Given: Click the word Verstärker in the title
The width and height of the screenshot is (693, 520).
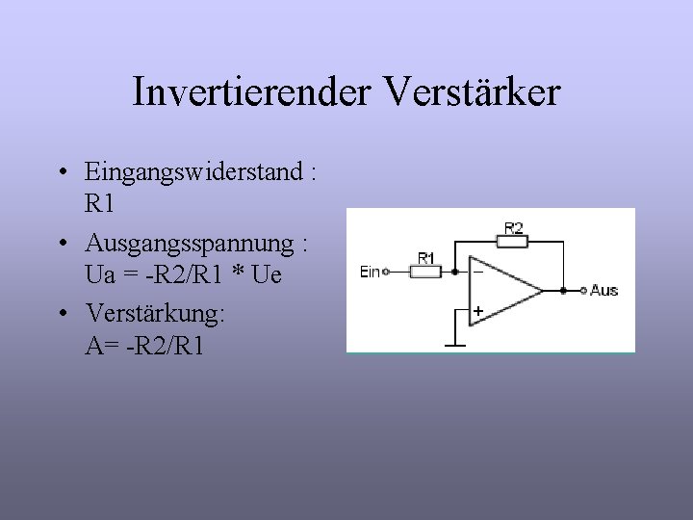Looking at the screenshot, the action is tap(472, 93).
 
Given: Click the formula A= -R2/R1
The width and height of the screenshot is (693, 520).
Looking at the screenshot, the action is tap(144, 346).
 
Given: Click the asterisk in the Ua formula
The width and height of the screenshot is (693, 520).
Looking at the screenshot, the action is tap(232, 275).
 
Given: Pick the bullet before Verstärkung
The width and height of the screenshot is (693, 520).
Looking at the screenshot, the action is tap(61, 315).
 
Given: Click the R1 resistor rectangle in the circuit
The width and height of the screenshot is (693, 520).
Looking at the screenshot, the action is tap(425, 273).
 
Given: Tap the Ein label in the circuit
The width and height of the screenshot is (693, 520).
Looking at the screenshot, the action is tap(370, 273).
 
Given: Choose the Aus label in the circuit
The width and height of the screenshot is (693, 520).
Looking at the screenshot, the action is tap(604, 290).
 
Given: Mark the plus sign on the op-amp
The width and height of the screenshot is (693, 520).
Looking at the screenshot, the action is tap(478, 311).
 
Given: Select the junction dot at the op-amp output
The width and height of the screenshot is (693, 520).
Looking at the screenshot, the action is tap(563, 290).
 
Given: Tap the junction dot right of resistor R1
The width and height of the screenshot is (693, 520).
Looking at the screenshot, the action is tap(454, 273).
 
